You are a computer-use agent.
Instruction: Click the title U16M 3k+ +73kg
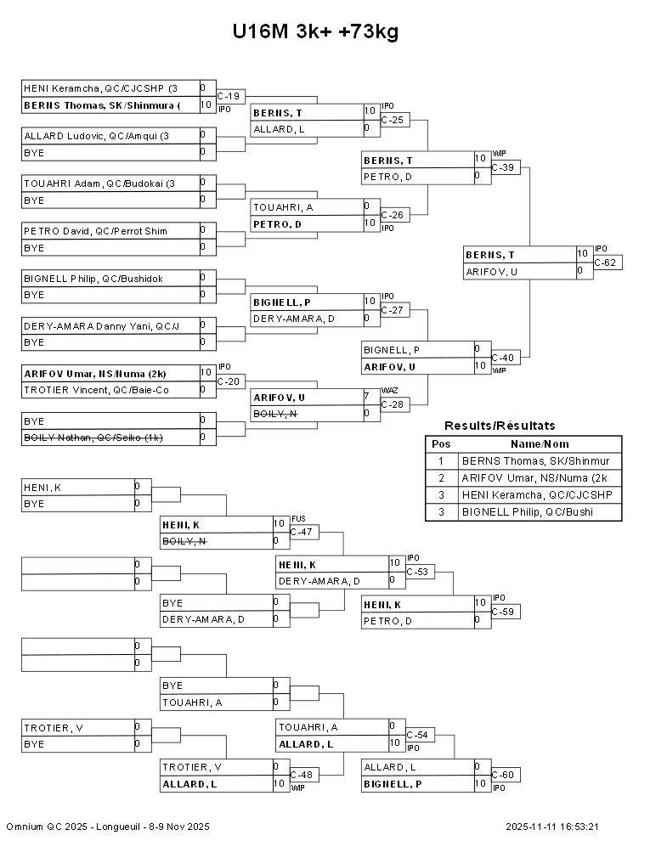pos(315,32)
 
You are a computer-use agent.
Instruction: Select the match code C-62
pos(606,262)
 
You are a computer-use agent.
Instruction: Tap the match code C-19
pos(229,96)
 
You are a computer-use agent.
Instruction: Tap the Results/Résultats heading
pos(500,426)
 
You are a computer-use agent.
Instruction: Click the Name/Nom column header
pos(540,443)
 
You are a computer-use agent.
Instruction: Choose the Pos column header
pos(441,443)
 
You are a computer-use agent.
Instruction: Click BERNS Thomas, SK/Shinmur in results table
pos(535,460)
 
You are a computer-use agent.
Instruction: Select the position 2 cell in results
pos(441,477)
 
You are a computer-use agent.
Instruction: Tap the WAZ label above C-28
pos(388,390)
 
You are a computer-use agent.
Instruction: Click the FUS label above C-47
pos(297,518)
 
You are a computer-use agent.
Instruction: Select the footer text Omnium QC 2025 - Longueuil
pos(108,827)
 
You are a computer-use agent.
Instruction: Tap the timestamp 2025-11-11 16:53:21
pos(552,827)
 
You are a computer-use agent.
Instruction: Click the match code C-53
pos(418,572)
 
